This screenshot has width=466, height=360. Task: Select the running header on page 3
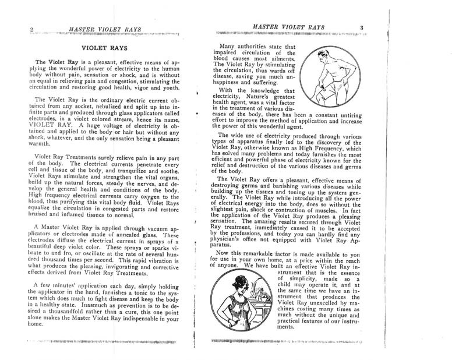(284, 27)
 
